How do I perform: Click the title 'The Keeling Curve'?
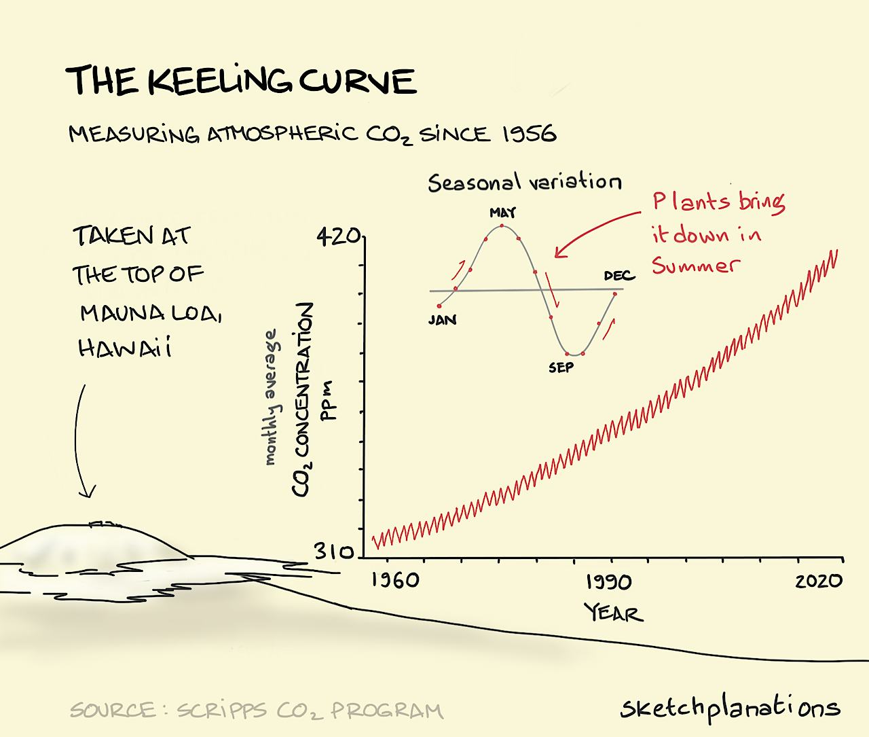click(x=240, y=81)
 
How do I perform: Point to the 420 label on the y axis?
click(x=337, y=236)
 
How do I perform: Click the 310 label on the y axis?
click(x=333, y=552)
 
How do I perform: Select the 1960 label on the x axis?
click(x=394, y=581)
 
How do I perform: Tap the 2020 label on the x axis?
click(x=819, y=581)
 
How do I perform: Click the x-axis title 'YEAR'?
click(x=613, y=613)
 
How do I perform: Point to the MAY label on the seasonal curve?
click(x=502, y=213)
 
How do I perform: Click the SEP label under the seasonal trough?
click(x=561, y=367)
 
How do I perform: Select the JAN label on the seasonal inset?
click(x=442, y=319)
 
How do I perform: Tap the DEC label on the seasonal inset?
click(x=618, y=275)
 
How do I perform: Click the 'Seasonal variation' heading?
click(x=524, y=183)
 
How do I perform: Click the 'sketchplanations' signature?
click(x=730, y=708)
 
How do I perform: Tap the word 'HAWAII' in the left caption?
click(x=124, y=348)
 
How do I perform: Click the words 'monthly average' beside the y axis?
click(x=271, y=397)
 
